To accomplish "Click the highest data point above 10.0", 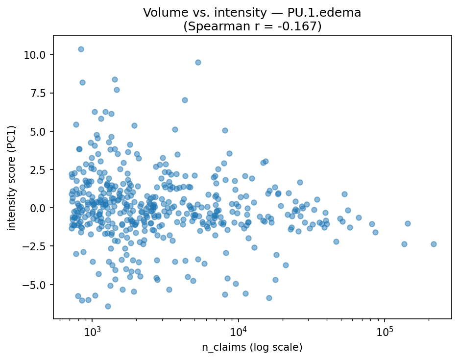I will coord(81,49).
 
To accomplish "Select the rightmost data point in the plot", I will coord(434,244).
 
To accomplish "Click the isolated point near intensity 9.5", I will coord(198,62).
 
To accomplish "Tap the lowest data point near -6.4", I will coord(108,306).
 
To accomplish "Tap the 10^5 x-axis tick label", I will coord(384,332).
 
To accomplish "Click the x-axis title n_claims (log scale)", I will coord(252,347).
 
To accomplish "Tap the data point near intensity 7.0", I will coord(185,100).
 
